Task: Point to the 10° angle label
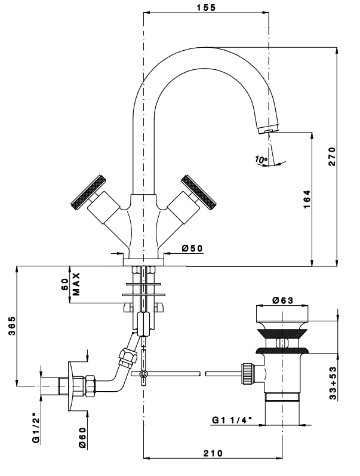pos(260,159)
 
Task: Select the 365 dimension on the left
pos(11,326)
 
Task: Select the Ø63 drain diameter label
pos(282,301)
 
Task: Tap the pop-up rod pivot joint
pos(143,374)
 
